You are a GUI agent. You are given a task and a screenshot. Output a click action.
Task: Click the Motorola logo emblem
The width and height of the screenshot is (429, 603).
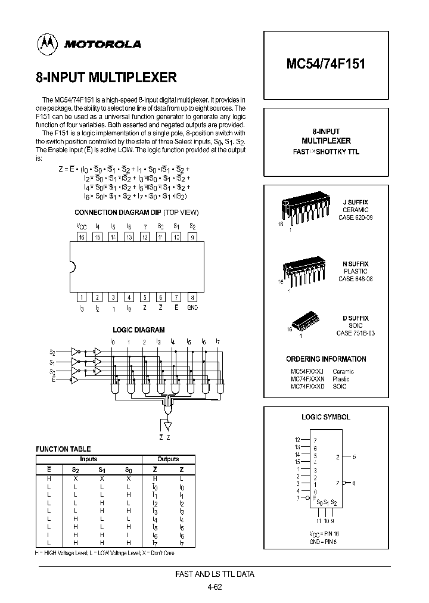[x=45, y=43]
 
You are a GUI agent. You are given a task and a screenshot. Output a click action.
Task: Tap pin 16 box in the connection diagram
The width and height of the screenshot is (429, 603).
[x=82, y=237]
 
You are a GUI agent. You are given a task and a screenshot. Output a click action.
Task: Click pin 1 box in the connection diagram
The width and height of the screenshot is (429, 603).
[x=82, y=297]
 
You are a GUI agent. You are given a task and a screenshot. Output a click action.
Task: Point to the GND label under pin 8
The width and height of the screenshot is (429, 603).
[x=192, y=307]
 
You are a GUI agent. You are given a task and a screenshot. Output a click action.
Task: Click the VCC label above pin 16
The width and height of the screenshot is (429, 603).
[x=82, y=226]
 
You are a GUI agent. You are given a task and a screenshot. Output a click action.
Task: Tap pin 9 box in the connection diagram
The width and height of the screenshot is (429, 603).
[x=192, y=237]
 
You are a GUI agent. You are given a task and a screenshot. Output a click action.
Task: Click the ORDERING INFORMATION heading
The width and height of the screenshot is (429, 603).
[x=327, y=359]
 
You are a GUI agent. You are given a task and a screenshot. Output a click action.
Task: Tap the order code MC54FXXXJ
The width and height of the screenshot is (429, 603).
[x=307, y=371]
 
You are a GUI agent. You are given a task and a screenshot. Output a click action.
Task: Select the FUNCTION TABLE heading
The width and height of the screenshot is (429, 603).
[x=63, y=449]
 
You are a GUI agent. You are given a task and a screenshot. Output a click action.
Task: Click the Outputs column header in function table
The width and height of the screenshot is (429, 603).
[x=169, y=459]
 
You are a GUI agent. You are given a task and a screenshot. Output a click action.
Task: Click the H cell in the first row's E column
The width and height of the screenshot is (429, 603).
[x=49, y=478]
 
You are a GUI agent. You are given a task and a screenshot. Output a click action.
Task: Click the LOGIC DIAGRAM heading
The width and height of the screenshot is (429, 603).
[x=138, y=330]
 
